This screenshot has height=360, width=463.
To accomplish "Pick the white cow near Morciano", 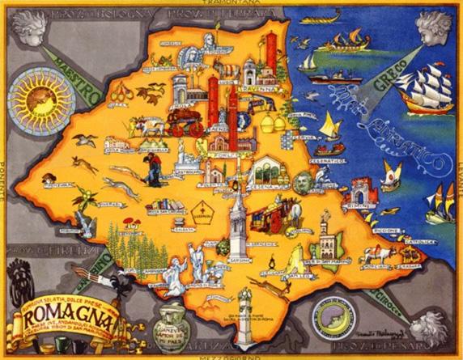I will click(379, 255).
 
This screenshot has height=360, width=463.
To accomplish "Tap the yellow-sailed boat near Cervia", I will click(327, 125).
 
